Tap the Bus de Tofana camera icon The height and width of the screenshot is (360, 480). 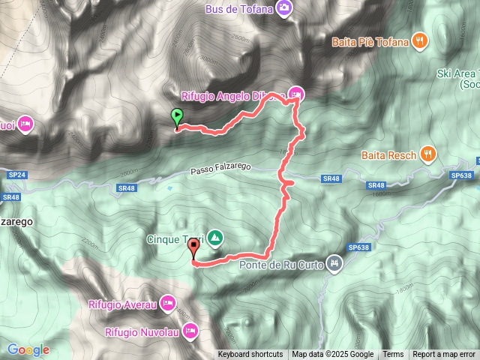[x=284, y=9]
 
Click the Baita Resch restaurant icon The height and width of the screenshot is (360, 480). [x=428, y=154]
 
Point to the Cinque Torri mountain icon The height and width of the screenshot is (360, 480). [x=215, y=238]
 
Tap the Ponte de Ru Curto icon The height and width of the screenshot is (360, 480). [x=334, y=262]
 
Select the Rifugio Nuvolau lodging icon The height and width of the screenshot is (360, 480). [x=190, y=330]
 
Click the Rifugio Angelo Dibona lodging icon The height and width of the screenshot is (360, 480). [x=296, y=94]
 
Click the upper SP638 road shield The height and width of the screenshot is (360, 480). [x=463, y=175]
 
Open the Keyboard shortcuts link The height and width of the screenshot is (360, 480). [x=250, y=355]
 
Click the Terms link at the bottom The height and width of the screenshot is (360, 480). [x=393, y=355]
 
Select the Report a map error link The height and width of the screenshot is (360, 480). [x=444, y=355]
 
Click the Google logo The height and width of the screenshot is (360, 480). [x=28, y=349]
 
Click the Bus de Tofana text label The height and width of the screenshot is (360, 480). [x=241, y=9]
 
